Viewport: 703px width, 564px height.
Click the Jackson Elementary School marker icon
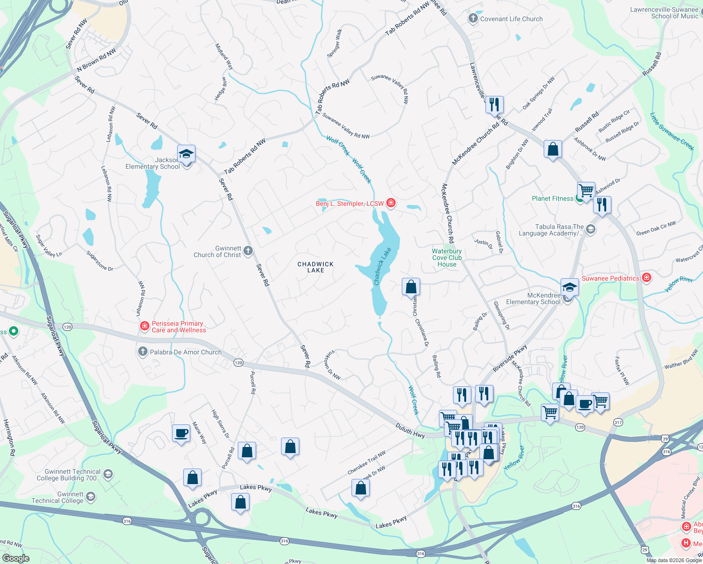186,154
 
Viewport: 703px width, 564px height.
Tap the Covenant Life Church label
511,19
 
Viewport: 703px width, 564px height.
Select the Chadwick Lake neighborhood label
315,267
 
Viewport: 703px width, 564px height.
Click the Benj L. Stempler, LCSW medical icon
391,203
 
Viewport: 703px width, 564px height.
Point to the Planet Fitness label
552,198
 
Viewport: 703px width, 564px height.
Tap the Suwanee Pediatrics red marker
647,277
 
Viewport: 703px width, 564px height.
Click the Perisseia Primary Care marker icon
144,326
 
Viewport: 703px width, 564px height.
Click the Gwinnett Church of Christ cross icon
248,251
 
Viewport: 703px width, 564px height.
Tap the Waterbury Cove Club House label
447,258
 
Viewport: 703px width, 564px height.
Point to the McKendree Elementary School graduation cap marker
569,287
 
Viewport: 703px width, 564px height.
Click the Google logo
16,558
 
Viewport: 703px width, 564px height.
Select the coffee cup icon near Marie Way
181,433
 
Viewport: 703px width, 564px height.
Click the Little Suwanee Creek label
672,131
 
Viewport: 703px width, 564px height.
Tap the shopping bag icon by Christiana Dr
411,286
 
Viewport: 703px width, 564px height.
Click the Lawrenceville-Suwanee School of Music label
664,13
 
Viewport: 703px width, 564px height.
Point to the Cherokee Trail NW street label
367,462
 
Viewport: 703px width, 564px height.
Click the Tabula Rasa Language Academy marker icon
591,229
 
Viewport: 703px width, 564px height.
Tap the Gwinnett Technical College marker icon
91,496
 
